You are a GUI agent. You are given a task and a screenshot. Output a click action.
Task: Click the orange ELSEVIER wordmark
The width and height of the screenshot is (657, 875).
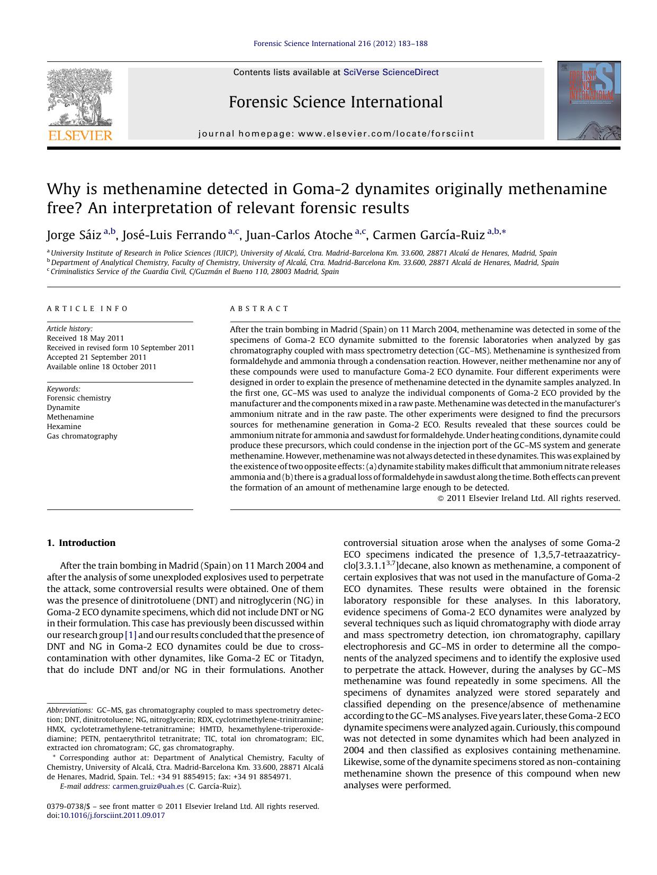tap(80, 135)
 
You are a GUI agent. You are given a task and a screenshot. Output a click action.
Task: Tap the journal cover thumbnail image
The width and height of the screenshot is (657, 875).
tap(589, 101)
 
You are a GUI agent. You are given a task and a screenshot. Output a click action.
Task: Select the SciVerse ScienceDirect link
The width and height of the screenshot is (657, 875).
tap(391, 72)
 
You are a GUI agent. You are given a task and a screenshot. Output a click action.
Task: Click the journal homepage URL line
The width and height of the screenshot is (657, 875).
tap(336, 134)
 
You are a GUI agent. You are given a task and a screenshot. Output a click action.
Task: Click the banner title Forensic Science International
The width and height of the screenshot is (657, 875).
tap(336, 102)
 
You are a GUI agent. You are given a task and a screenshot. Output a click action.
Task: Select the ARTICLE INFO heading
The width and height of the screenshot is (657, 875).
tap(87, 308)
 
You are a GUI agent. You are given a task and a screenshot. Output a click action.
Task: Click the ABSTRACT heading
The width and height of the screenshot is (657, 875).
tap(259, 308)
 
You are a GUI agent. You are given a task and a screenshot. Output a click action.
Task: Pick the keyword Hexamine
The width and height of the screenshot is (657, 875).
tap(64, 426)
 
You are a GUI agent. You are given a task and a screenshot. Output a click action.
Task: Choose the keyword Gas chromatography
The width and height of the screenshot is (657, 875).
tap(82, 436)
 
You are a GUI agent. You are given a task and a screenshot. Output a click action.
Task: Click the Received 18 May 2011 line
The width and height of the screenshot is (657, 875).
tap(85, 338)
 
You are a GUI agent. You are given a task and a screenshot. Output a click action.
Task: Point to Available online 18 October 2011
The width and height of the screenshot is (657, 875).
tap(102, 367)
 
